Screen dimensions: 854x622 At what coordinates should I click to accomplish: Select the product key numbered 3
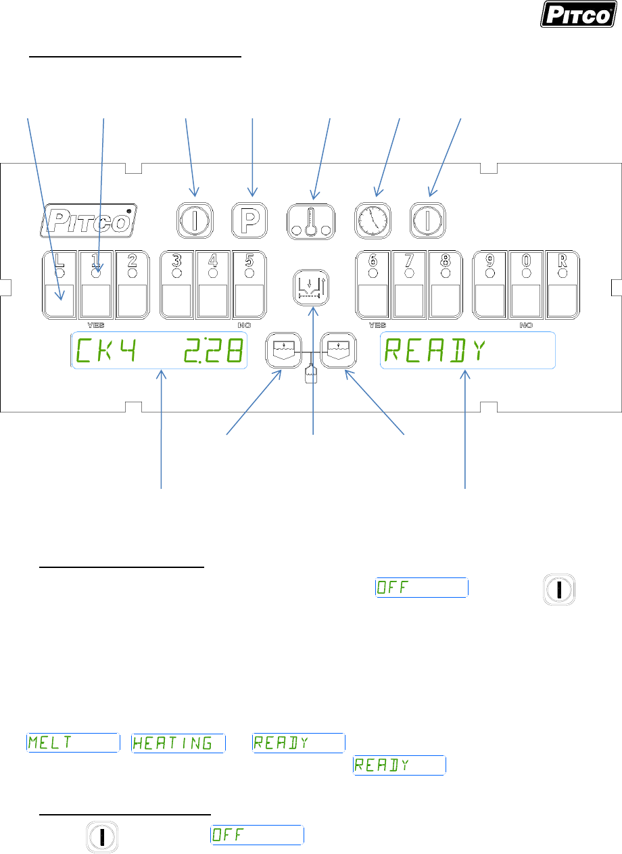point(176,285)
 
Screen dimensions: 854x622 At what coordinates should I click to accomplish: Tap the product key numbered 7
point(409,285)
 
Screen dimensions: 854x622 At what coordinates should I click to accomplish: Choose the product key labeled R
point(562,285)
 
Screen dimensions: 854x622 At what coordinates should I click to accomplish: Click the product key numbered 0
point(525,285)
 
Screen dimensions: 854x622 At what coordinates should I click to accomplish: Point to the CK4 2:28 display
point(160,351)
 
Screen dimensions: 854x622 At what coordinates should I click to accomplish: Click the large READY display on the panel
point(468,351)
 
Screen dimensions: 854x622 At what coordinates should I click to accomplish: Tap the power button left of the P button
point(194,219)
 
